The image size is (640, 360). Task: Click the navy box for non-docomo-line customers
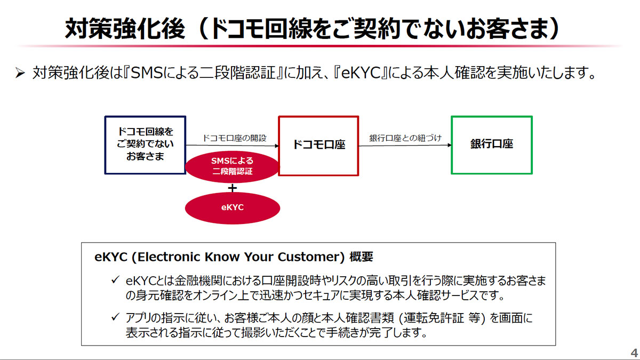point(146,145)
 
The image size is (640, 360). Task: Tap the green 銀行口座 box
point(491,145)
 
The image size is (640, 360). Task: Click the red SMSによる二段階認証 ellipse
point(233,166)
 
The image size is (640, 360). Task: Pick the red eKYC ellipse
point(233,207)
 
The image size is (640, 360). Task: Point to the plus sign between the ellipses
point(233,187)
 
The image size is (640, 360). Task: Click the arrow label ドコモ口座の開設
point(233,138)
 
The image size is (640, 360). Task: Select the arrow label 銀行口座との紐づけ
point(406,138)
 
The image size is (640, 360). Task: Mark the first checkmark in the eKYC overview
point(115,281)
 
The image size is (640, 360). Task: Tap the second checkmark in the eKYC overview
point(115,318)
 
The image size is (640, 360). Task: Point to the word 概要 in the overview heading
point(362,257)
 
